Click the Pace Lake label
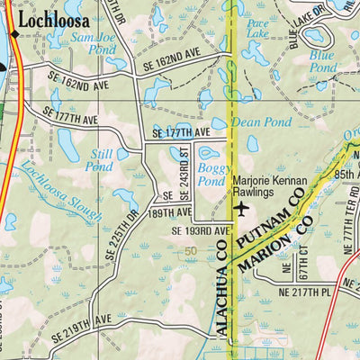point(257,27)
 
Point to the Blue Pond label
point(321,60)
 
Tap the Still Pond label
point(99,159)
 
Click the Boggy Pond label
point(211,175)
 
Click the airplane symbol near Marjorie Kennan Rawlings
point(240,209)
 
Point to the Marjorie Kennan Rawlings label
point(269,186)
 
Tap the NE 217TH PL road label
point(306,292)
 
